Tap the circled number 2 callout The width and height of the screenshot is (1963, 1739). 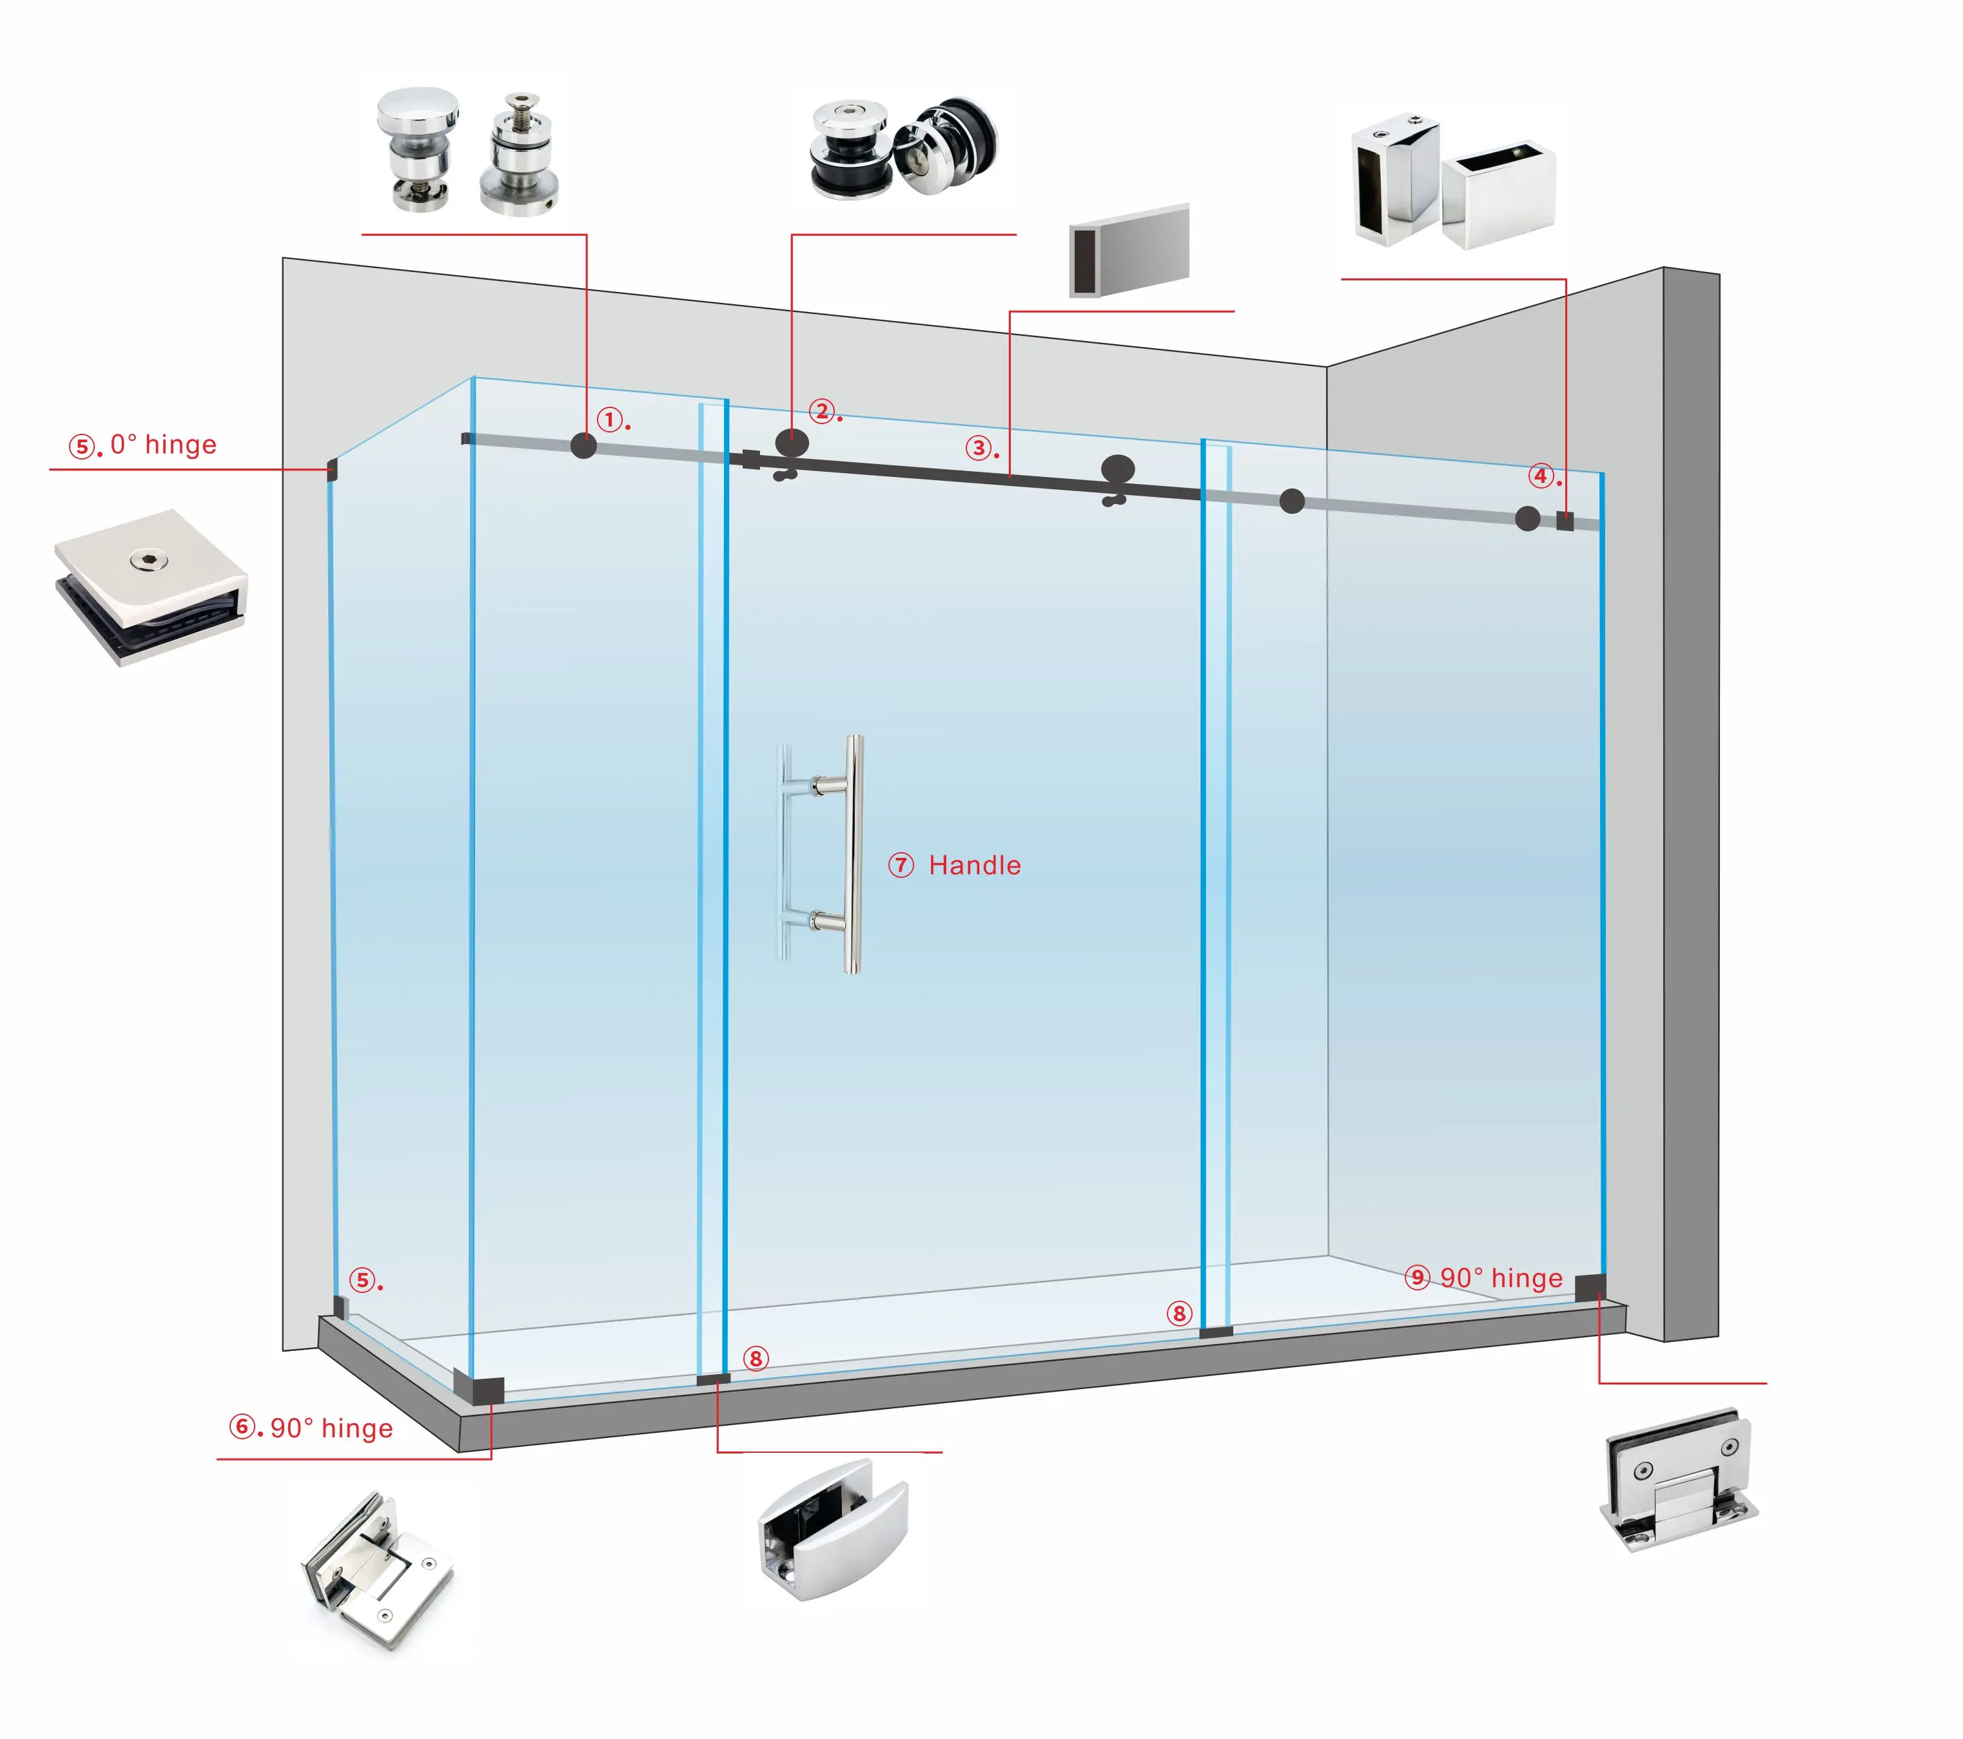coord(821,411)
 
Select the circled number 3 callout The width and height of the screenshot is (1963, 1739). coord(978,447)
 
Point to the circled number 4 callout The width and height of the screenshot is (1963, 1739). coord(1541,475)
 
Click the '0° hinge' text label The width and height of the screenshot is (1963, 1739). coord(162,445)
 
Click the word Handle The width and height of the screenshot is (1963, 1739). coord(974,865)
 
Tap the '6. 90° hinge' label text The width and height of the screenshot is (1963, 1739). coord(311,1428)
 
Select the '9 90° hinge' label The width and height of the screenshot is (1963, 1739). coord(1484,1278)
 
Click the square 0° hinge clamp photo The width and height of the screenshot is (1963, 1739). coord(151,586)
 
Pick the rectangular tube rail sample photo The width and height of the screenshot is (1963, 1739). coord(1129,251)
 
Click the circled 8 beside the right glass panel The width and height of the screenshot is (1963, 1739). coord(1179,1313)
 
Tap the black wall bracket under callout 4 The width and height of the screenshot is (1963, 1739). coord(1565,522)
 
